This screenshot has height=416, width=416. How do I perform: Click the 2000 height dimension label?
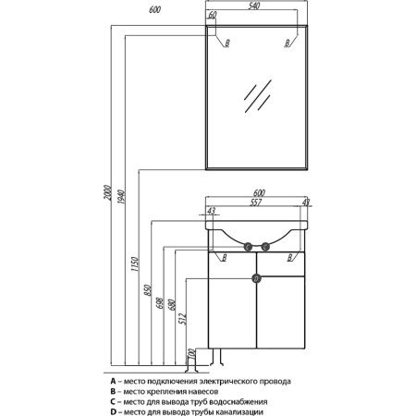[107, 193]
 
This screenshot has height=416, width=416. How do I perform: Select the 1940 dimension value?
[121, 198]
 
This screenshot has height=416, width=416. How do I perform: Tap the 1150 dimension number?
[135, 264]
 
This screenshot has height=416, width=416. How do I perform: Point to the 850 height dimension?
[148, 290]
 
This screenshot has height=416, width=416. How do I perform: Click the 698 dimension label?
[160, 303]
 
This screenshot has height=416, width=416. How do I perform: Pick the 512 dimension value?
[183, 319]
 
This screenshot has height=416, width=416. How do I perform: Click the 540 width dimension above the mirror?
[254, 6]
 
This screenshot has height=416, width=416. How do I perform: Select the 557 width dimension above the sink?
[256, 202]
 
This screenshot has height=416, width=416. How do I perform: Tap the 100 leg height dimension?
[191, 354]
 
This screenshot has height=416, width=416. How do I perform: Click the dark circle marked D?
[256, 279]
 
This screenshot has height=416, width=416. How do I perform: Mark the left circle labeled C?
[248, 247]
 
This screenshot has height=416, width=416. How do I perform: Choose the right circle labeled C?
[265, 247]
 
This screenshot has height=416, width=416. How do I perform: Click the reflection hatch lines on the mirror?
[258, 96]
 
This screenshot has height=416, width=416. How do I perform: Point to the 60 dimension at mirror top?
[213, 15]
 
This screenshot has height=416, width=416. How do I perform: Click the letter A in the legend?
[113, 381]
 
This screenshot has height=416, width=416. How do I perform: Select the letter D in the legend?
[113, 411]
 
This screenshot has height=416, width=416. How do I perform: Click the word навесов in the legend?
[202, 392]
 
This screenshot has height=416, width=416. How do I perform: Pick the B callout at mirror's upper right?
[288, 43]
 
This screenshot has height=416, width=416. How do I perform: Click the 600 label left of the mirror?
[154, 10]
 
